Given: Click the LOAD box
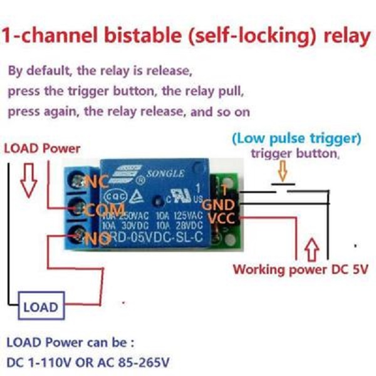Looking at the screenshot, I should (x=40, y=307).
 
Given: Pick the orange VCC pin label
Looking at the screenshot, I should (x=222, y=218).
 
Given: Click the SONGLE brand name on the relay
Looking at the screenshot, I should (x=165, y=174).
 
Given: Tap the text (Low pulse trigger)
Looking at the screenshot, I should (x=296, y=137).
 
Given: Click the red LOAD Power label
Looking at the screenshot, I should (x=42, y=149).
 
